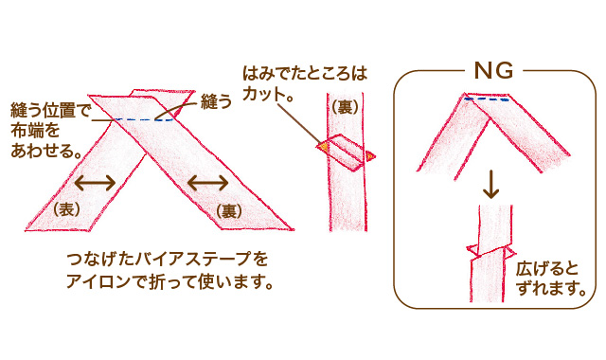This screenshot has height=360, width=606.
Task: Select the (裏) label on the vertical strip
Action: click(x=345, y=108)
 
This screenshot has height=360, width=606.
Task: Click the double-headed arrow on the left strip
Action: click(x=95, y=182)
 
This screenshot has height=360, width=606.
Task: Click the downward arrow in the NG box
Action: click(x=490, y=185)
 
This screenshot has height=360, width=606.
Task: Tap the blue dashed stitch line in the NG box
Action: click(x=489, y=99)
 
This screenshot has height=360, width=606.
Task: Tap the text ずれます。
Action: click(x=550, y=289)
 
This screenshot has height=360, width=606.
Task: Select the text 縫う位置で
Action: click(x=49, y=108)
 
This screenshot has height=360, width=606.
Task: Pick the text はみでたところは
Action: click(x=304, y=73)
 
